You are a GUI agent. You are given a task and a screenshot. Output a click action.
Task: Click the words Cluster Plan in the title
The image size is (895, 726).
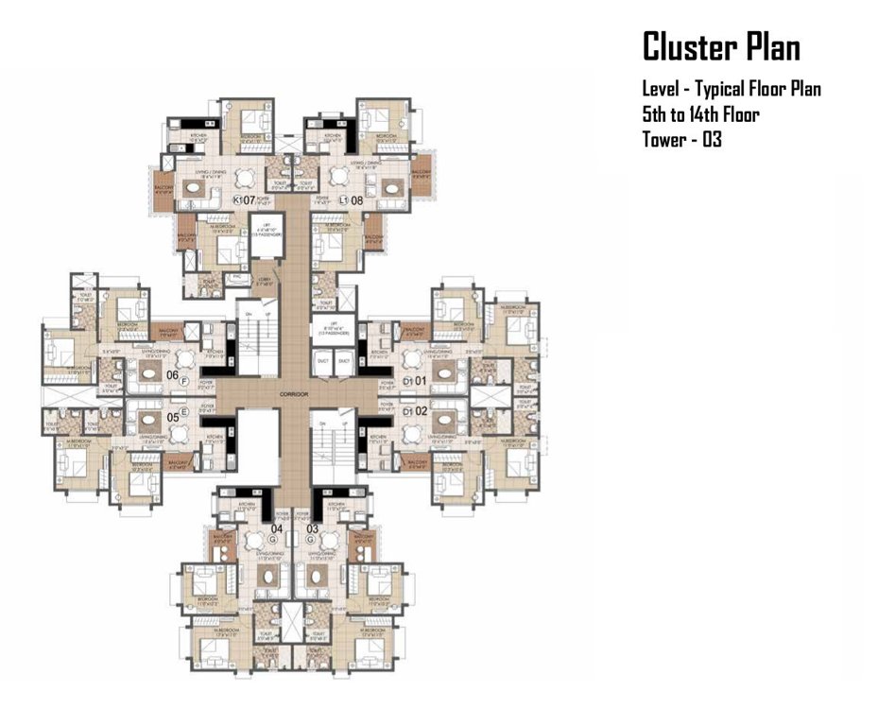(721, 46)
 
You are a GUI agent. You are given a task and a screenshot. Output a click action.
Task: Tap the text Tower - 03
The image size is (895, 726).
(682, 139)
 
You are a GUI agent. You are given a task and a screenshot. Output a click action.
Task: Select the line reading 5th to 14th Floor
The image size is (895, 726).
(701, 114)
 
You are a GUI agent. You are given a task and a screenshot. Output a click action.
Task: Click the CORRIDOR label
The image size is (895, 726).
(294, 390)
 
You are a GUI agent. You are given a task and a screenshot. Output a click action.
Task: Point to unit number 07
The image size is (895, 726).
(250, 200)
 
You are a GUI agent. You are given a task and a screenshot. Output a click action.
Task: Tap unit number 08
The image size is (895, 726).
(356, 200)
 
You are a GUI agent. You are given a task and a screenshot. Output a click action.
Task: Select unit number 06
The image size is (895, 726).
(172, 376)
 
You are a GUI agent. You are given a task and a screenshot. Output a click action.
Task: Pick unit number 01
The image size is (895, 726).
(422, 381)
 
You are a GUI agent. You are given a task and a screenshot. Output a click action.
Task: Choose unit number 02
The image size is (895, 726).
(422, 411)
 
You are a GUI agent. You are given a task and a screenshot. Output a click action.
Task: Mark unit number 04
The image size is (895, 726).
(278, 528)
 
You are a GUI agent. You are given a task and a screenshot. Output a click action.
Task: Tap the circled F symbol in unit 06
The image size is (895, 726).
(184, 382)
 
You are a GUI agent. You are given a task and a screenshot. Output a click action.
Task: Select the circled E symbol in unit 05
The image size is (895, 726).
(184, 412)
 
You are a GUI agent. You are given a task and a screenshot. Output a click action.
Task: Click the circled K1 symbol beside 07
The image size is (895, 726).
(237, 200)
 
